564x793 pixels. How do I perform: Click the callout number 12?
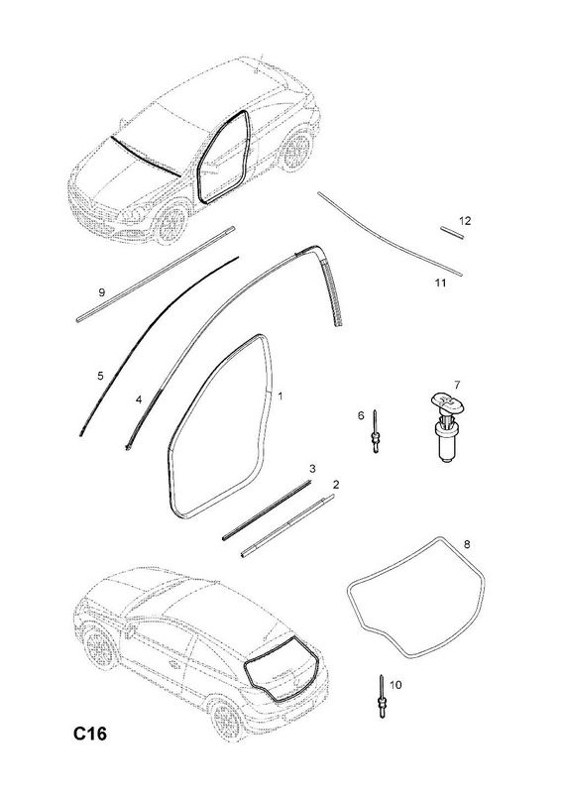(465, 220)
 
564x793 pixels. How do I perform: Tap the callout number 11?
(440, 283)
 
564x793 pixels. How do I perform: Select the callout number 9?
(102, 292)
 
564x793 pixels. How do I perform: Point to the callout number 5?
(100, 376)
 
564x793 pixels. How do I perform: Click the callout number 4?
(139, 400)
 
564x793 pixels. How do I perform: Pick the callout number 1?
(281, 396)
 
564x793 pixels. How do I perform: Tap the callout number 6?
(361, 415)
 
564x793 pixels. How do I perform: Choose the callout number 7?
(457, 385)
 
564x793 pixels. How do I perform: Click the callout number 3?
(312, 469)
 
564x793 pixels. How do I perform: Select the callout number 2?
(336, 485)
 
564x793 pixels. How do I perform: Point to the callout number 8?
(467, 544)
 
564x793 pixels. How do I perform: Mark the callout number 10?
(395, 685)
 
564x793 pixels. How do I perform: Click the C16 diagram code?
(90, 734)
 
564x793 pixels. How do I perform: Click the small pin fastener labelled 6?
(375, 431)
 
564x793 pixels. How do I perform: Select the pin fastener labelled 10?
(382, 696)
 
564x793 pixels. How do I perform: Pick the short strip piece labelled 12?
(452, 233)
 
